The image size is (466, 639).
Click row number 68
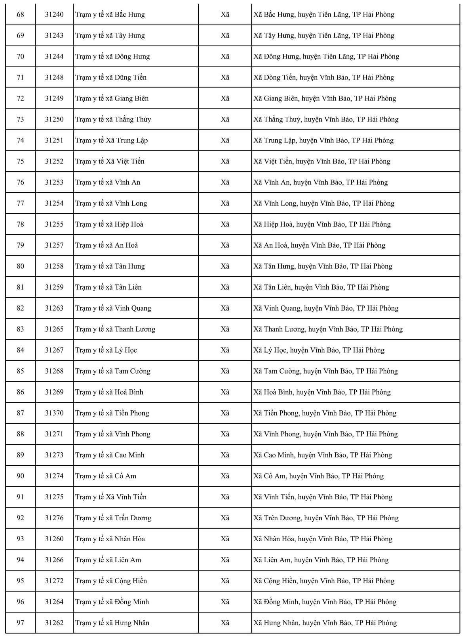coord(20,15)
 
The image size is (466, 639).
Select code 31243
coord(54,36)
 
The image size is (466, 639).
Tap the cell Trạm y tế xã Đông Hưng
coord(112,57)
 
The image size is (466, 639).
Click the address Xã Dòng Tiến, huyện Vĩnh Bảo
coord(323,78)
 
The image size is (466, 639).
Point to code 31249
coord(54,99)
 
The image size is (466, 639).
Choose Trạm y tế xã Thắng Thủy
coord(113,119)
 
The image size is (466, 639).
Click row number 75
coord(20,161)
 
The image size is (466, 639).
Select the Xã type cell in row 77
coord(225,203)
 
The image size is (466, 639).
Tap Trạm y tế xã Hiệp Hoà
coord(109,224)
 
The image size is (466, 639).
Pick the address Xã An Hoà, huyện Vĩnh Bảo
coord(319,245)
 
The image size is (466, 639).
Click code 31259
coord(54,287)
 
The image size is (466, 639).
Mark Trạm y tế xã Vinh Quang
coord(113,308)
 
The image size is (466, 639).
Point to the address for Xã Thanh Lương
coord(328,329)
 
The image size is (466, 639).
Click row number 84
coord(20,350)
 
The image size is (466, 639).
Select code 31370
coord(54,413)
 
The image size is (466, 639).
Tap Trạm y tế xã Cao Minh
coord(110,455)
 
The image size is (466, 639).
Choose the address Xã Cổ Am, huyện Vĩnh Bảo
coord(318,476)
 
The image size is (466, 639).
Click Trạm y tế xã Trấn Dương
coord(113,518)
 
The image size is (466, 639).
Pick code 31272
coord(54,581)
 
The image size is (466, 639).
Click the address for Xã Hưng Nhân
coord(325,623)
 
